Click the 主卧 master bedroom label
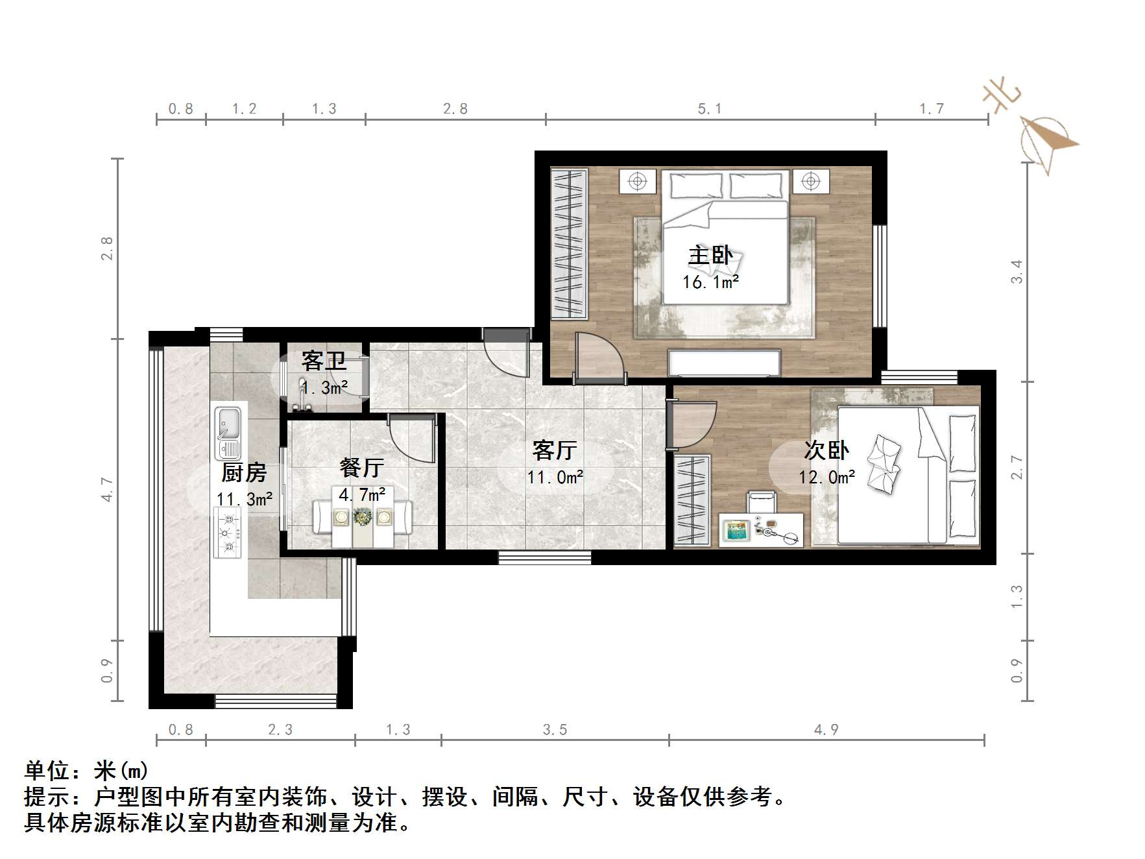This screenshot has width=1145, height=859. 710,256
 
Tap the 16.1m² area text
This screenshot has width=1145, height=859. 710,282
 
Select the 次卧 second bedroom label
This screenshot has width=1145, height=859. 826,450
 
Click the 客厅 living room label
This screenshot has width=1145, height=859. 555,450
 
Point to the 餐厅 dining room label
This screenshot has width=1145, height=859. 361,467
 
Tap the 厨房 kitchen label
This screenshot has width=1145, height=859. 244,472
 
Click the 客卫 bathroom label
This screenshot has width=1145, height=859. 324,361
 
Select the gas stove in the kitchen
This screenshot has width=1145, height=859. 227,532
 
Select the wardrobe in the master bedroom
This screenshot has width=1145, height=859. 569,244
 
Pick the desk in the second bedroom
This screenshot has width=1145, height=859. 761,529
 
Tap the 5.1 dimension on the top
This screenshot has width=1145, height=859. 709,109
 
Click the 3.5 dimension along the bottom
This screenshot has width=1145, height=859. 555,730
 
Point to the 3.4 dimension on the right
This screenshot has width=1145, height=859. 1017,271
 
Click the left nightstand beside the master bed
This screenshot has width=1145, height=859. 638,181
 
